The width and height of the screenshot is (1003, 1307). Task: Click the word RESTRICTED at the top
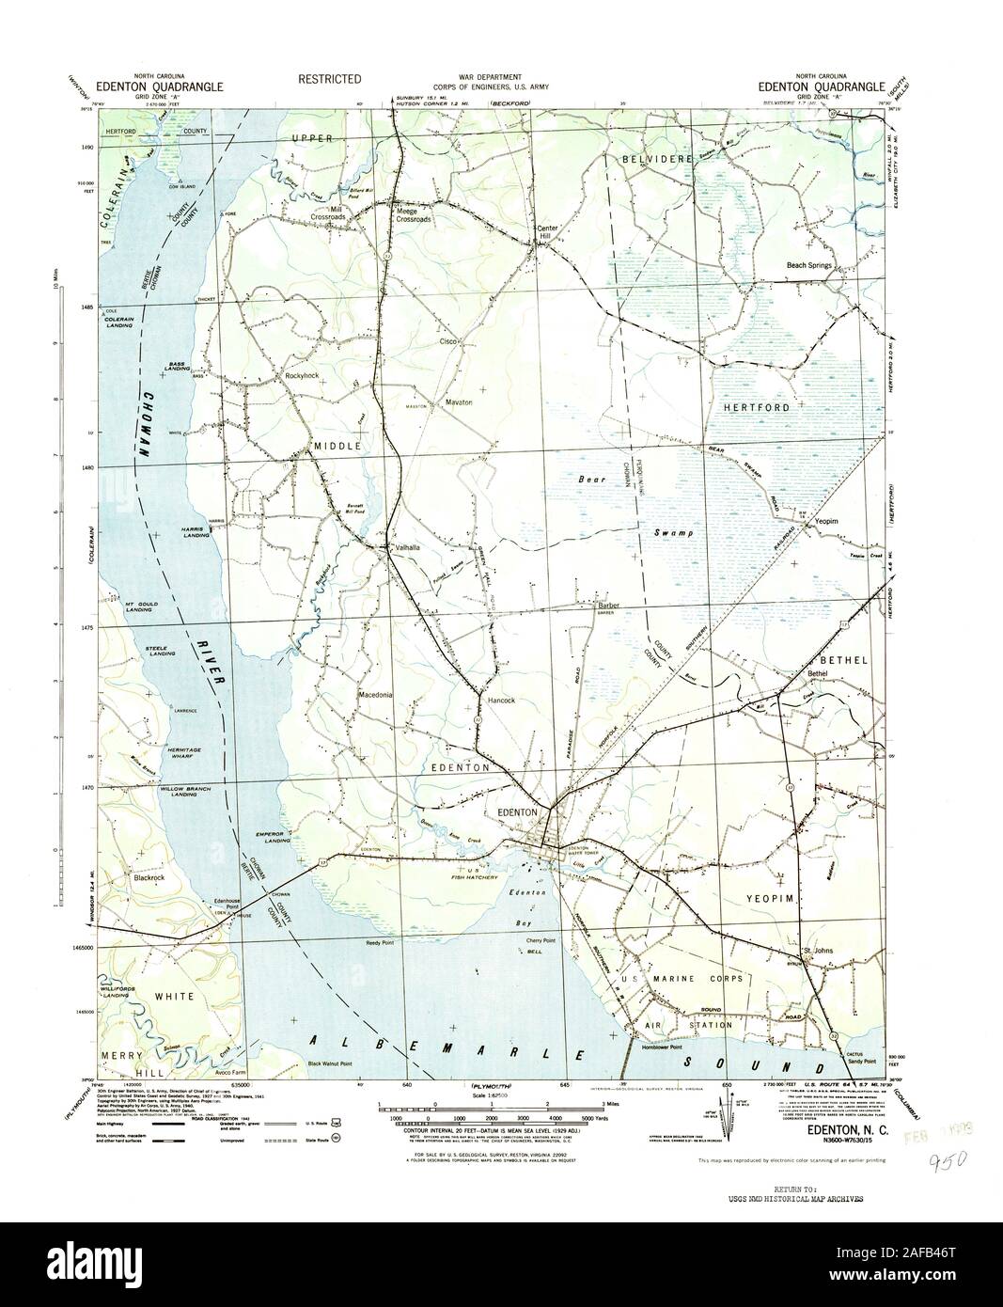coord(330,80)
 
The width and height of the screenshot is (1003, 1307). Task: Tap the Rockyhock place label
coord(302,375)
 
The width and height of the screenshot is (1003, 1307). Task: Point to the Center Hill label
coord(548,232)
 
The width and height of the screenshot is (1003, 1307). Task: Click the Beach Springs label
coord(810,266)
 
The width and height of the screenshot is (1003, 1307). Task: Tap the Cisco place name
coord(448,342)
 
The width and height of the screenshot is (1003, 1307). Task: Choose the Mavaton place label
coord(458,402)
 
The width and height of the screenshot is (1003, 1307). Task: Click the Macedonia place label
coord(375,696)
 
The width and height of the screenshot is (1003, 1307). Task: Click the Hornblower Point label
coord(661,1047)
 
